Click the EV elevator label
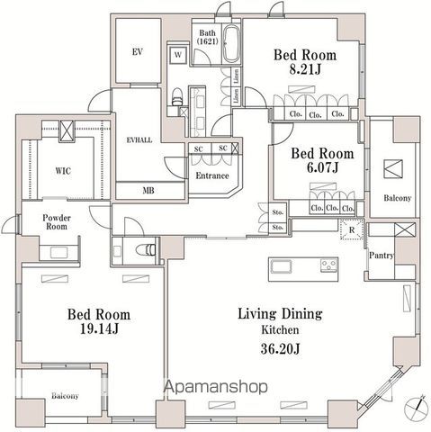pyautogui.click(x=138, y=51)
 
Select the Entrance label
pyautogui.click(x=211, y=175)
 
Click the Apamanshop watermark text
pyautogui.click(x=215, y=388)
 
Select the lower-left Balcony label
pyautogui.click(x=64, y=395)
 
